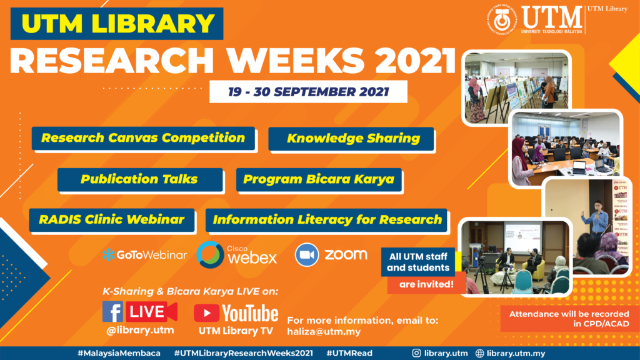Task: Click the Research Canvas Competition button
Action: (143, 138)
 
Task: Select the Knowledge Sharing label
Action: (351, 139)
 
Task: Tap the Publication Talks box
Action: (140, 179)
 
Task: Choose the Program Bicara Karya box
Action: (319, 179)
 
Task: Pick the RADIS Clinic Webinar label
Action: (112, 220)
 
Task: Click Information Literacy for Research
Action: (326, 220)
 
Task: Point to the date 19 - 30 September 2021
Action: (308, 92)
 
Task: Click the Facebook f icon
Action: (112, 312)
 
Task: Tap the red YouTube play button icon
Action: (206, 314)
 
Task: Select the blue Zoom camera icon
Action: (306, 255)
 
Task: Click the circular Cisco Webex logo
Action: (210, 255)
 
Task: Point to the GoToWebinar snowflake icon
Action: (109, 255)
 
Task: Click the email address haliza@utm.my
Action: (324, 332)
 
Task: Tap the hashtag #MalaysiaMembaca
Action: (119, 354)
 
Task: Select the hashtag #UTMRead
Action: (349, 354)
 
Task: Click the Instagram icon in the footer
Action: (416, 354)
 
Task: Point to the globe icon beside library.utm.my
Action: (479, 354)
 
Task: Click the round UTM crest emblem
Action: (502, 20)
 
